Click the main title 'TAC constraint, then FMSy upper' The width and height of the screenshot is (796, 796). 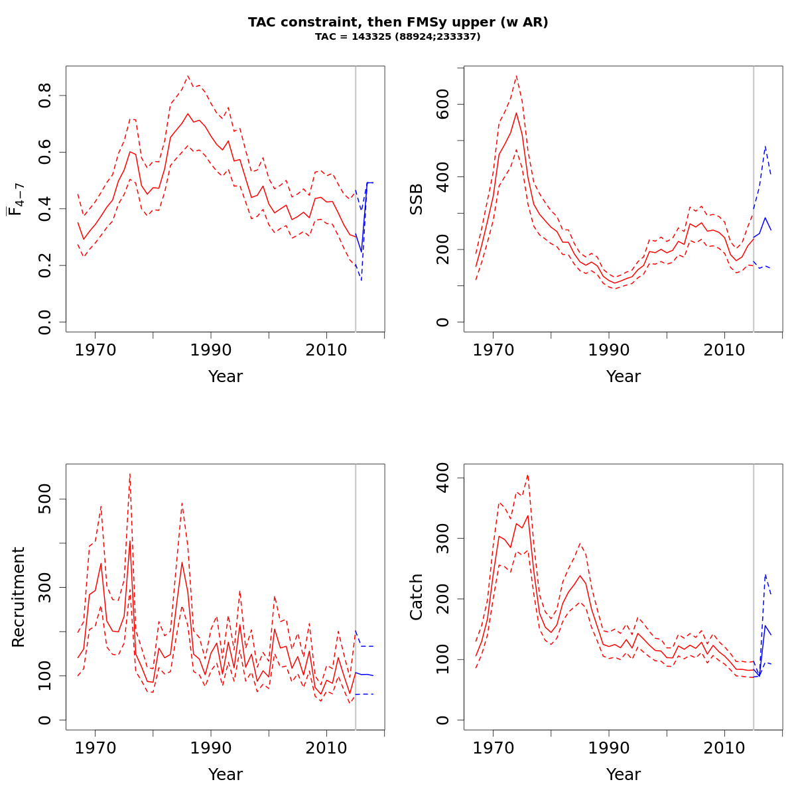[x=398, y=23]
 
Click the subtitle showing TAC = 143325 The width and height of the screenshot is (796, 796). [x=398, y=37]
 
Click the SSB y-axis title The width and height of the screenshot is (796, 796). [x=417, y=199]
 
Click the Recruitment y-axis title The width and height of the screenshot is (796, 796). [x=19, y=597]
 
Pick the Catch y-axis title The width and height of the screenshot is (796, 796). [x=417, y=597]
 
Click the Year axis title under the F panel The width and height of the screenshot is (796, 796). [x=226, y=377]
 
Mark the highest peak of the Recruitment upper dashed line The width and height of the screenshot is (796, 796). [x=130, y=473]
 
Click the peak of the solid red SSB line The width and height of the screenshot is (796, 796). [x=516, y=112]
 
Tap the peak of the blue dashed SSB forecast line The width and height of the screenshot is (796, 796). [x=765, y=146]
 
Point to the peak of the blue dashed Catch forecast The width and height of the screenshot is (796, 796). [x=765, y=574]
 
